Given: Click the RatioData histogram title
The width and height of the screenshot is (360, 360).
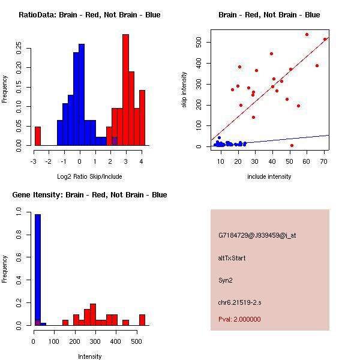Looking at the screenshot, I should click(x=89, y=15).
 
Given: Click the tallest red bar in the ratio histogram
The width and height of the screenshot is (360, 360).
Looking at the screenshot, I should click(x=125, y=90).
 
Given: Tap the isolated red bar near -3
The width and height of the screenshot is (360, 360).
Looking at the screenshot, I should click(x=38, y=136).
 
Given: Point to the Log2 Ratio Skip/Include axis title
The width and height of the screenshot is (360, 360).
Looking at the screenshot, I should click(x=89, y=176).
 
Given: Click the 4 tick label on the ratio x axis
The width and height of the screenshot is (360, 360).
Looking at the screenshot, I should click(x=142, y=161).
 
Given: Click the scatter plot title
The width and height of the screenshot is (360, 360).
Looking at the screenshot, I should click(x=269, y=15).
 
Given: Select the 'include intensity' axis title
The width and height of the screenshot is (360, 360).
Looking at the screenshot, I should click(x=269, y=176).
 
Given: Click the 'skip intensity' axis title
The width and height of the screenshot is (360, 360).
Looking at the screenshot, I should click(x=184, y=90).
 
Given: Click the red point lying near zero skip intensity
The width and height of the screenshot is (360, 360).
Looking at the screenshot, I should click(x=292, y=145).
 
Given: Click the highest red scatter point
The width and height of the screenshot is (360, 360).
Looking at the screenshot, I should click(x=307, y=34).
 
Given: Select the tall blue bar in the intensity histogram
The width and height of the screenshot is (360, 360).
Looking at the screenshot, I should click(x=38, y=270).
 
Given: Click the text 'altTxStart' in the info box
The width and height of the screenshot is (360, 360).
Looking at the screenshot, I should click(x=232, y=258).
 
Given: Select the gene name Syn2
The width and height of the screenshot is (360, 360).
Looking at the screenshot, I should click(x=225, y=280).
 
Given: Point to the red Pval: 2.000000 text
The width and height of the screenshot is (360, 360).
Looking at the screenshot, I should click(x=239, y=319).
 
